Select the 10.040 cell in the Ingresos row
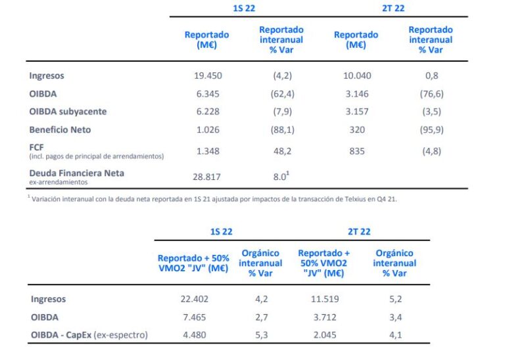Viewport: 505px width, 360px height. point(357,76)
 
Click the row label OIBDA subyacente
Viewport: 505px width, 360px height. point(67,112)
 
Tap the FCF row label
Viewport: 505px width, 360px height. point(37,148)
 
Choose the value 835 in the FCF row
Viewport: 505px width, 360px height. point(357,151)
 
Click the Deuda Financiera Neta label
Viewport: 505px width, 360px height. point(76,173)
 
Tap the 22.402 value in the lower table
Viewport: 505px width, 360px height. point(193,300)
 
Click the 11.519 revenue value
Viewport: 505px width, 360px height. point(324,300)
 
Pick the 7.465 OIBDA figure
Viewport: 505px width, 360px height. point(193,317)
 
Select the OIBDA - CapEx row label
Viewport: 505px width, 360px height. point(89,335)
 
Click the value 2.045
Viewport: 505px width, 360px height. point(324,335)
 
